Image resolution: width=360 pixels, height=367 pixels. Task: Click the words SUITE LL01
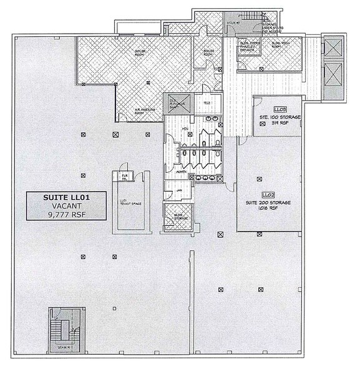(x=67, y=198)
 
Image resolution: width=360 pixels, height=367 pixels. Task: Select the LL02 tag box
(x=269, y=195)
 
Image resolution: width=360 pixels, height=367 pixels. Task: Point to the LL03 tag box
(x=279, y=109)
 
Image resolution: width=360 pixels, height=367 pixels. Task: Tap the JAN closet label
(x=179, y=190)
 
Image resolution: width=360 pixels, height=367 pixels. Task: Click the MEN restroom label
(x=185, y=130)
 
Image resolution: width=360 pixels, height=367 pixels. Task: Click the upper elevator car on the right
(x=334, y=48)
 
